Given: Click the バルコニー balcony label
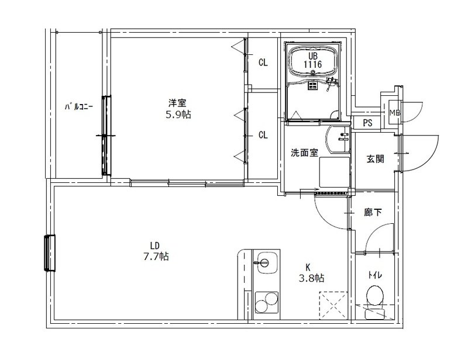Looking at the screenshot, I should click(x=77, y=107).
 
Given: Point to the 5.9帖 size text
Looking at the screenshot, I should click(x=178, y=115).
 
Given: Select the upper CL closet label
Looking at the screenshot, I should click(x=263, y=63).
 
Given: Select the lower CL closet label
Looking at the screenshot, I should click(x=263, y=135).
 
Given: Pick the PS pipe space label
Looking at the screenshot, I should click(x=367, y=123).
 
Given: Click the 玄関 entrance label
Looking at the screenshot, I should click(x=375, y=158).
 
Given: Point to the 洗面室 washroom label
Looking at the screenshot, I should click(x=304, y=153).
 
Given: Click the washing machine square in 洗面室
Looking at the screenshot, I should click(x=333, y=172).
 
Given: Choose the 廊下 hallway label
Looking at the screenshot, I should click(x=373, y=213).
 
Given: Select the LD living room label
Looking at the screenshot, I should click(x=154, y=245).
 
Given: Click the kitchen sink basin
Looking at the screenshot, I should click(x=266, y=261).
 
